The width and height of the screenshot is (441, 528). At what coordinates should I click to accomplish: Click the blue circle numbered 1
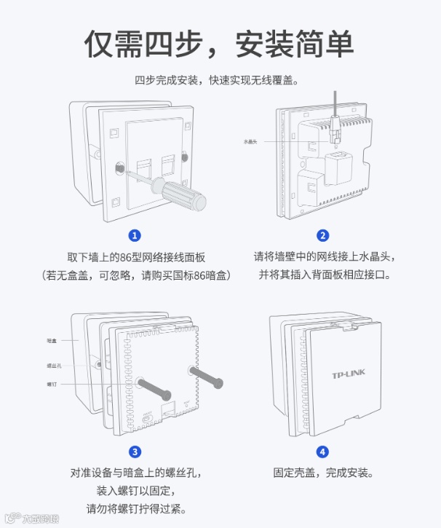(134, 235)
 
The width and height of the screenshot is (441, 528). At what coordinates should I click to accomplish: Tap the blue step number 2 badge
(322, 235)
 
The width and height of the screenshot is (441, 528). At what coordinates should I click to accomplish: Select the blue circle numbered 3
(134, 452)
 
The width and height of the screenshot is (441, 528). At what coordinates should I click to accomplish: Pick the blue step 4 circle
(322, 452)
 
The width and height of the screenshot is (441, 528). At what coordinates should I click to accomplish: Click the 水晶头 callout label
(251, 141)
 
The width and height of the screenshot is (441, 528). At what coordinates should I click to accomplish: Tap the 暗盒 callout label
(52, 340)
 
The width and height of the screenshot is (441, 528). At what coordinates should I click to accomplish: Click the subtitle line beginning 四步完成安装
(218, 80)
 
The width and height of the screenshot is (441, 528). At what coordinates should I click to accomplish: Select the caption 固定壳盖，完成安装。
(322, 473)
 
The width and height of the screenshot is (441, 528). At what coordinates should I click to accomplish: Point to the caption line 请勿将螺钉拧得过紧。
(136, 508)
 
